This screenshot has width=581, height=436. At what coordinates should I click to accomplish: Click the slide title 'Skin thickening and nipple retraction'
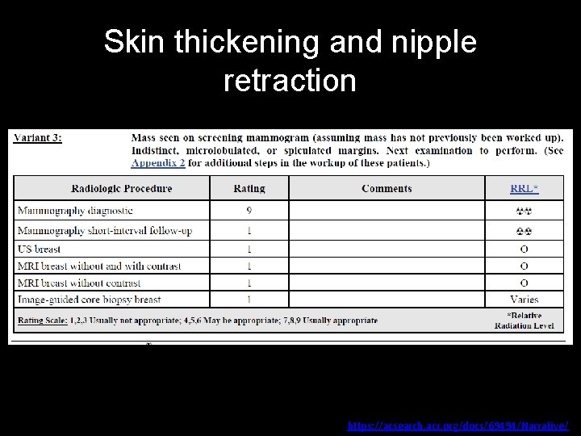pyautogui.click(x=290, y=61)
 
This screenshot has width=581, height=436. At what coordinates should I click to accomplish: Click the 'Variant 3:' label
pyautogui.click(x=38, y=136)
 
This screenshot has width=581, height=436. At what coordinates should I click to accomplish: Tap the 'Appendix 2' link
pyautogui.click(x=158, y=162)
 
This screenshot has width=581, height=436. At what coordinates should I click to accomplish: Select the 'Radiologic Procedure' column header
pyautogui.click(x=122, y=188)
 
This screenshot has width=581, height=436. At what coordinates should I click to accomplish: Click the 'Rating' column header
pyautogui.click(x=249, y=188)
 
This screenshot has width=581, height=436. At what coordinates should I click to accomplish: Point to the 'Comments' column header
pyautogui.click(x=387, y=188)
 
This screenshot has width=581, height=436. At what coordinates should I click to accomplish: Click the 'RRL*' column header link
pyautogui.click(x=524, y=188)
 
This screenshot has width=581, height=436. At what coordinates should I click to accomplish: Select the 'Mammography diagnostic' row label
pyautogui.click(x=74, y=211)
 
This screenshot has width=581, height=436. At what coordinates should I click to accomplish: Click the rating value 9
pyautogui.click(x=249, y=211)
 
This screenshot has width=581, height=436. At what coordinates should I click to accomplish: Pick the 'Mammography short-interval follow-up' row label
pyautogui.click(x=104, y=231)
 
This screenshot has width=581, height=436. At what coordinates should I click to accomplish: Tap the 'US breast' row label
pyautogui.click(x=39, y=249)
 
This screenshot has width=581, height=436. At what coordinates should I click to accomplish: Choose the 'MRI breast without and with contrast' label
pyautogui.click(x=98, y=266)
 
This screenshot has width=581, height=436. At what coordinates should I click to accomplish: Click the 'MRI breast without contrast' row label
pyautogui.click(x=79, y=283)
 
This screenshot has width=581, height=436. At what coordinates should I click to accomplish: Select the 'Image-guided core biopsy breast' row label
pyautogui.click(x=89, y=300)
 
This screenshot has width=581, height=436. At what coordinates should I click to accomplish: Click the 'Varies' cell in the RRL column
pyautogui.click(x=524, y=300)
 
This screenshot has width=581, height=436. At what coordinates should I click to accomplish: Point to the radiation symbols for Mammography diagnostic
pyautogui.click(x=524, y=212)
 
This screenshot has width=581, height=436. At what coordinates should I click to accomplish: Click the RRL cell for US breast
pyautogui.click(x=524, y=249)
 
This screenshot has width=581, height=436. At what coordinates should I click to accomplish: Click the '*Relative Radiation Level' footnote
pyautogui.click(x=524, y=321)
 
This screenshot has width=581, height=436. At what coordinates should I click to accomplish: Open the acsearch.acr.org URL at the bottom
pyautogui.click(x=458, y=425)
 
